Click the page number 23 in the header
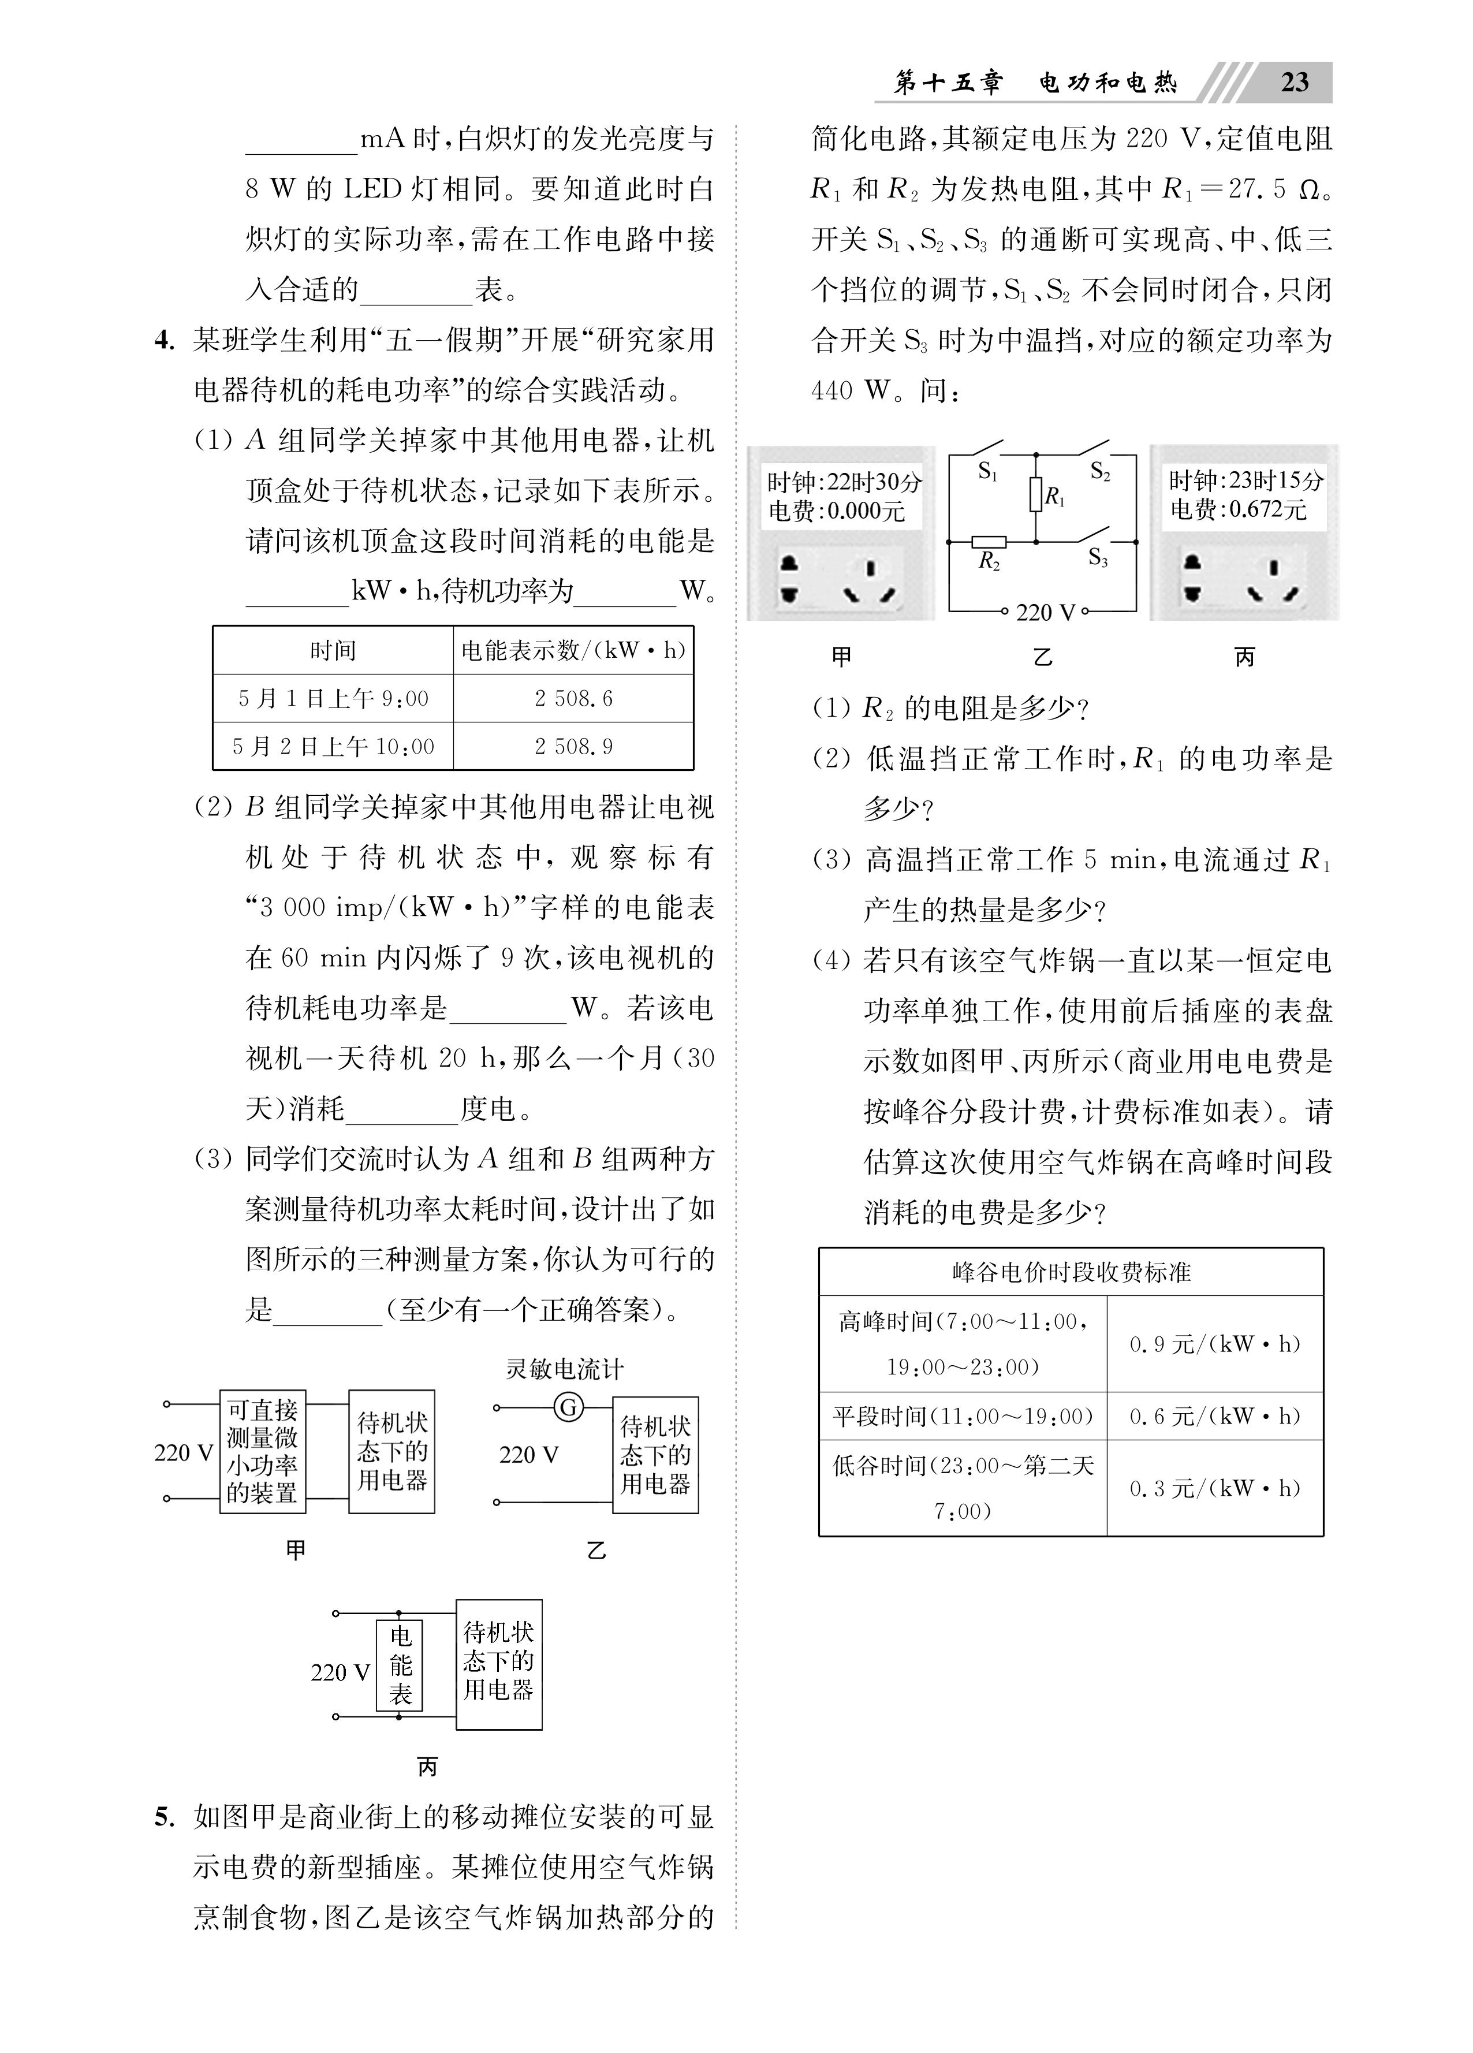1295,83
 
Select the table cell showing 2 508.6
573,699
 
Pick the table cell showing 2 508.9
573,747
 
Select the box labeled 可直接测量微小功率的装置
263,1452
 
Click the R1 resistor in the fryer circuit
1036,495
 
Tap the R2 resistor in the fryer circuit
988,543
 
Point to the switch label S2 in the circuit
1100,471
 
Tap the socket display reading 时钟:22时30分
844,482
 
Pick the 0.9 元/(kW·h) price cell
1214,1344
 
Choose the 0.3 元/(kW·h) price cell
1214,1488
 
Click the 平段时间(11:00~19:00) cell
963,1417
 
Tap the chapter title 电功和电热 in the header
1108,83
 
